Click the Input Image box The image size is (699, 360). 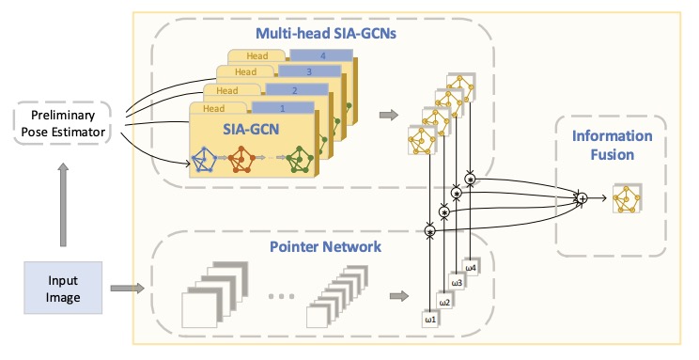(63, 288)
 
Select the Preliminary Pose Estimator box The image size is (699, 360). (62, 123)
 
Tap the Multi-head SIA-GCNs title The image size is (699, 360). (326, 33)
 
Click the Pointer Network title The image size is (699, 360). (325, 246)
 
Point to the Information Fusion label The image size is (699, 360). (612, 145)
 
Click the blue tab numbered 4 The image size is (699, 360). (321, 55)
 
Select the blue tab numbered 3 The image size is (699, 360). (309, 71)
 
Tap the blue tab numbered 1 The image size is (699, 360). (283, 107)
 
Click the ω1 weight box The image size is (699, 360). (430, 320)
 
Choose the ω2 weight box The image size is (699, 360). (444, 303)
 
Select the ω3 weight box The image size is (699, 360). (457, 283)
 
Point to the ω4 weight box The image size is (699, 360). (471, 268)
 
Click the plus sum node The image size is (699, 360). (582, 198)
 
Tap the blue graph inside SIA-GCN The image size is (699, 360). (204, 159)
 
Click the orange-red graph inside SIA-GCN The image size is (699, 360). (241, 159)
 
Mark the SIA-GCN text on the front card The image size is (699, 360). (251, 129)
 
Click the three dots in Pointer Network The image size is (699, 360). (282, 296)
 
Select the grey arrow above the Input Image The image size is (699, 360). (63, 205)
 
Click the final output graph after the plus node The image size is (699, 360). (628, 198)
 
